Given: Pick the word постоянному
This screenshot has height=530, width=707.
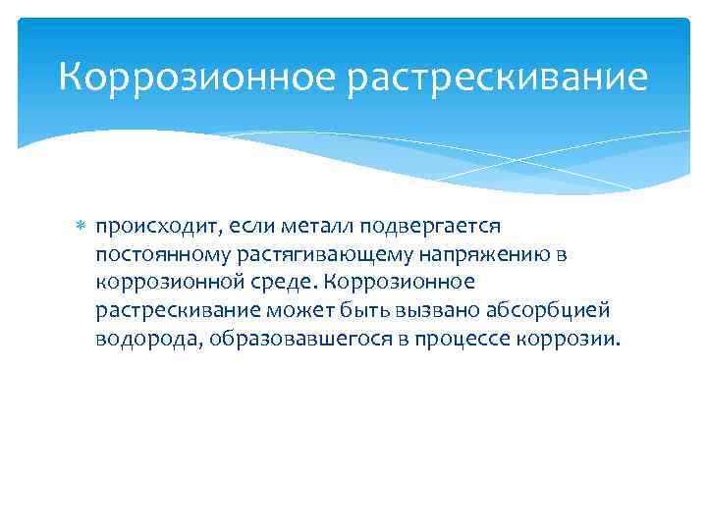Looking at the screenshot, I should (152, 255).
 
